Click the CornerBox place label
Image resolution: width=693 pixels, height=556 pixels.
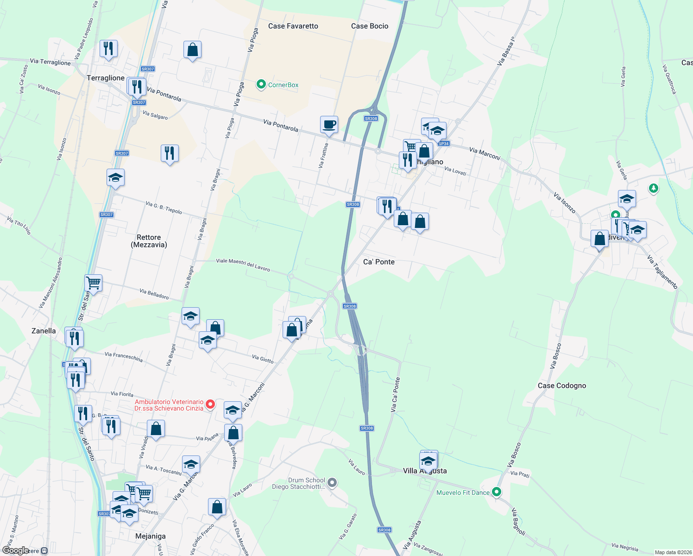pyautogui.click(x=283, y=85)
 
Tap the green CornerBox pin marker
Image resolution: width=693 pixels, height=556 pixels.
pyautogui.click(x=261, y=84)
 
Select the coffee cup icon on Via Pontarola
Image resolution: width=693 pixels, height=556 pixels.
pyautogui.click(x=329, y=125)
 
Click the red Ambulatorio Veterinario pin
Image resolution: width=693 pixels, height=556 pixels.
pyautogui.click(x=210, y=404)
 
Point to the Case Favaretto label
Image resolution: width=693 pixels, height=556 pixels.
pyautogui.click(x=293, y=26)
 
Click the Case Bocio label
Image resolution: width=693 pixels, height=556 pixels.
pyautogui.click(x=369, y=26)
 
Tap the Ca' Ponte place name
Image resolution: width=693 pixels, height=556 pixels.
pyautogui.click(x=378, y=262)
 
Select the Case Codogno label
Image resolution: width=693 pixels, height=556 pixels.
pyautogui.click(x=561, y=385)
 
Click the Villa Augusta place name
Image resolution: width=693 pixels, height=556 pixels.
pyautogui.click(x=425, y=471)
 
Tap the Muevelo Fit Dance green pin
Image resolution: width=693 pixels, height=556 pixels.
pyautogui.click(x=497, y=492)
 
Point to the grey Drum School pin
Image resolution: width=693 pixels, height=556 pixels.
pyautogui.click(x=332, y=483)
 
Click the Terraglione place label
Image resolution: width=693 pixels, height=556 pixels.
pyautogui.click(x=106, y=78)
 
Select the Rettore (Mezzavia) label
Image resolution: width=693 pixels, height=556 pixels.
pyautogui.click(x=149, y=241)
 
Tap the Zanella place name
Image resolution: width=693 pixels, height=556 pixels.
pyautogui.click(x=44, y=331)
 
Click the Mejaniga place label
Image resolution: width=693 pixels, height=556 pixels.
pyautogui.click(x=150, y=536)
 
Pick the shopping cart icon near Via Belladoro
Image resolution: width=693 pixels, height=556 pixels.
pyautogui.click(x=93, y=283)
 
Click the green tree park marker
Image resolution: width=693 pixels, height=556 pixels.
pyautogui.click(x=653, y=188)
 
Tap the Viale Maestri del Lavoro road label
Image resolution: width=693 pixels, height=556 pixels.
pyautogui.click(x=243, y=265)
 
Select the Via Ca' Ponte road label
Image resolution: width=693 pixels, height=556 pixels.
pyautogui.click(x=395, y=394)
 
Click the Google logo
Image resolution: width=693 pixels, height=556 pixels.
pyautogui.click(x=15, y=550)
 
